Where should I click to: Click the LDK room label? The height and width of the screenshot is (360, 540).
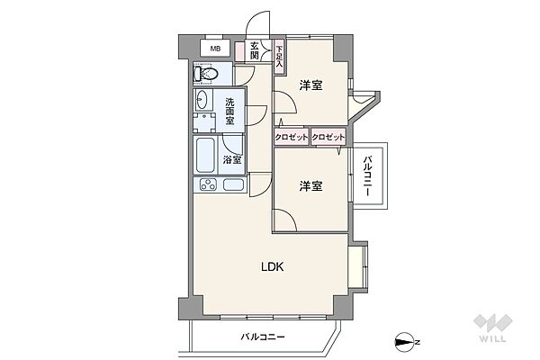click(x=274, y=266)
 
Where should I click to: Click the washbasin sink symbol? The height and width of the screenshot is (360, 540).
click(x=203, y=101)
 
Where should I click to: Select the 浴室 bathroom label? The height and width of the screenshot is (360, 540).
click(x=232, y=159)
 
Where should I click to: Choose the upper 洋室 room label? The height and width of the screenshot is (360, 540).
click(x=311, y=85)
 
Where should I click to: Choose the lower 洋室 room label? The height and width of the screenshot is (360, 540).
click(x=311, y=185)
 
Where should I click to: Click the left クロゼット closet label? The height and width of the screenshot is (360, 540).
click(x=292, y=137)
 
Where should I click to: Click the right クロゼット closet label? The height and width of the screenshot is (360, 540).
click(x=328, y=137)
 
